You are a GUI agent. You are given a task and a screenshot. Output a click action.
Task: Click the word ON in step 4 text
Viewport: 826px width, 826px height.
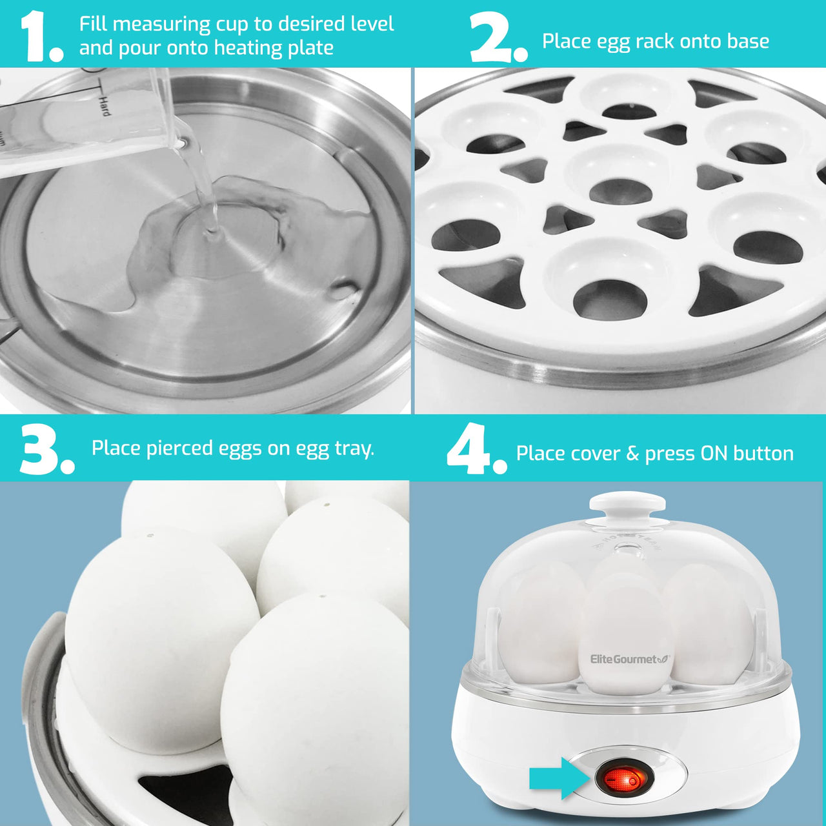pos(714,454)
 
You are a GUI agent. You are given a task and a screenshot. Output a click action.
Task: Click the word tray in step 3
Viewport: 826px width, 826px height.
pos(354,448)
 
